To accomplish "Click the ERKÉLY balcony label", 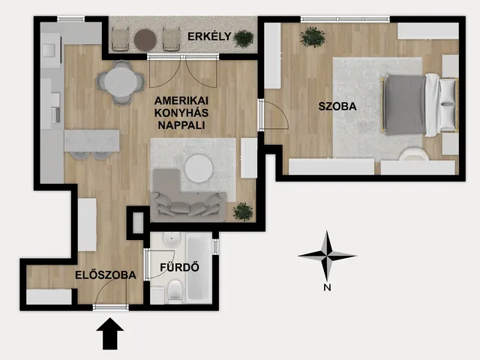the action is [x=209, y=37].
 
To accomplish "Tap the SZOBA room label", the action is [x=337, y=106].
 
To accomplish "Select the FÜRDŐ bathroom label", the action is [x=179, y=267].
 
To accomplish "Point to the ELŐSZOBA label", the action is [x=106, y=274].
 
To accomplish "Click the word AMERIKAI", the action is [x=181, y=100].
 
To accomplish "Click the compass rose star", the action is [x=327, y=255].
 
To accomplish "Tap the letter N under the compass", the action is [x=327, y=287].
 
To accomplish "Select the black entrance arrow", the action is [x=110, y=333].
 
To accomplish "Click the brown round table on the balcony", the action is [x=145, y=40].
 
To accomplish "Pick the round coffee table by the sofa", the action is [x=199, y=169].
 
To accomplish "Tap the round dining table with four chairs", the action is [x=121, y=82].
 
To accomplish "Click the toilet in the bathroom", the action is [x=175, y=289].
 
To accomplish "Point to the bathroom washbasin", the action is [x=172, y=239].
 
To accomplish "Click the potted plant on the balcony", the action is [x=244, y=38].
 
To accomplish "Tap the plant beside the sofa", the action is [x=243, y=211].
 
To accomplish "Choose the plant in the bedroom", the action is [x=313, y=37].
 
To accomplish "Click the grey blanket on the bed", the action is [x=405, y=105].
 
